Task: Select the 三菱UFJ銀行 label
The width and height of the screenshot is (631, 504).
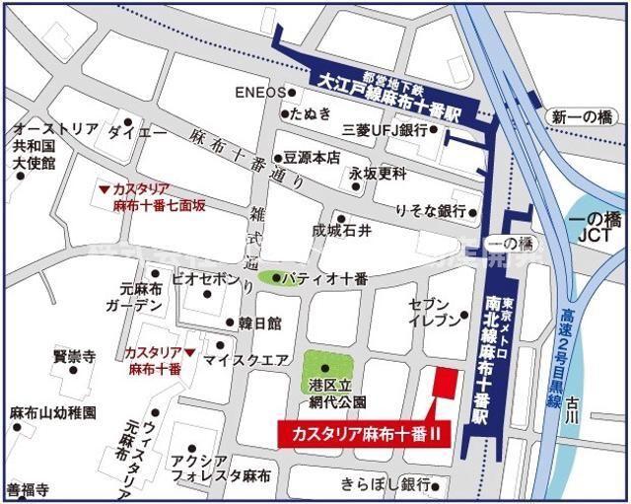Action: (384, 130)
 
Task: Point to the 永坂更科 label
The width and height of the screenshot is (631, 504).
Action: (377, 174)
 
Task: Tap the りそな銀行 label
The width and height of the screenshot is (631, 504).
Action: (430, 211)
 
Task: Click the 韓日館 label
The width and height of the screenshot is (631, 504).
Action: (259, 323)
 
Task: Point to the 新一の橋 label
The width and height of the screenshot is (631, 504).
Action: (582, 116)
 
